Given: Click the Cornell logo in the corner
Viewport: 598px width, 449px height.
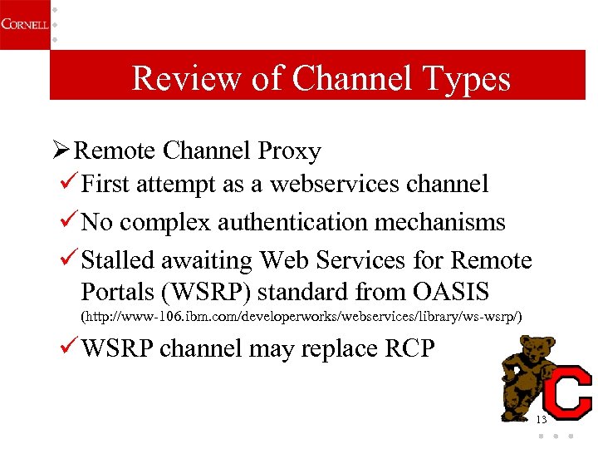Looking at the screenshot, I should pyautogui.click(x=22, y=24).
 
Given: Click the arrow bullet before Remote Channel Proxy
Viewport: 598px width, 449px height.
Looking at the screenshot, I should pyautogui.click(x=60, y=150).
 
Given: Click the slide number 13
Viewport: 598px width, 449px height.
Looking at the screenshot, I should pyautogui.click(x=542, y=419).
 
